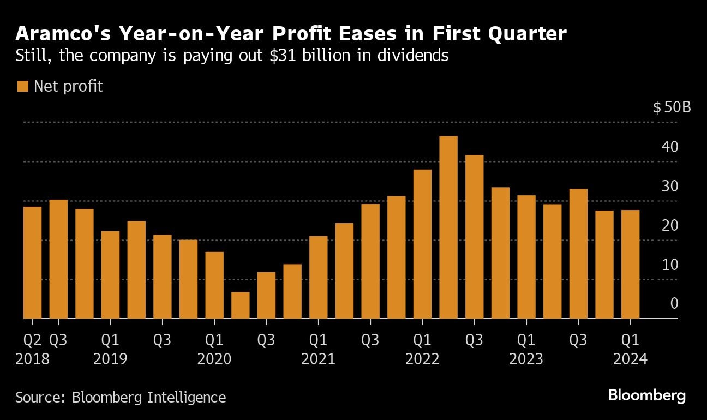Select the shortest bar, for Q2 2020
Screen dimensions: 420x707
click(241, 305)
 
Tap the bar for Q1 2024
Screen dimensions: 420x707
click(630, 264)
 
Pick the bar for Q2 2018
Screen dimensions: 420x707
click(33, 262)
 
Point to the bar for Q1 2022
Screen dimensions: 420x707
click(422, 244)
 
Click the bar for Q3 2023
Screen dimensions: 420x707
click(578, 254)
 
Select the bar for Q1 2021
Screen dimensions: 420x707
click(319, 277)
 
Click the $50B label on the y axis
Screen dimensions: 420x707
click(672, 107)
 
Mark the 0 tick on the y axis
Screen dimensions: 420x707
click(674, 303)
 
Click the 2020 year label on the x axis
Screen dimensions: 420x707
click(214, 360)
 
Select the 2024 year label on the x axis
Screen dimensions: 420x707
click(630, 360)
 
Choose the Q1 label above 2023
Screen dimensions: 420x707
click(526, 340)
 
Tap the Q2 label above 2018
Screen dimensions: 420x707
click(32, 340)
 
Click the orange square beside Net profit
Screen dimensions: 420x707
click(23, 86)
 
